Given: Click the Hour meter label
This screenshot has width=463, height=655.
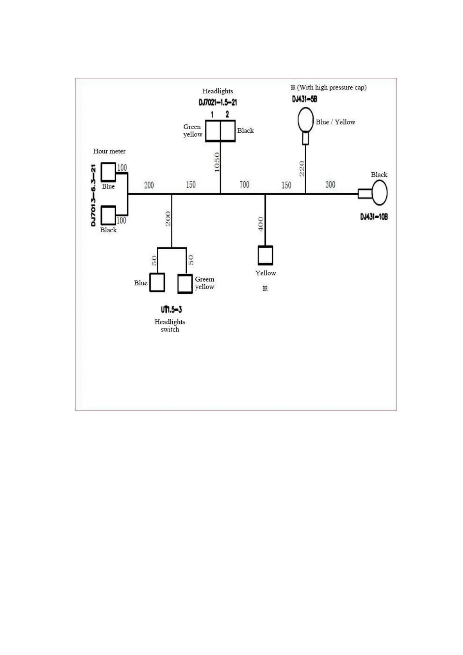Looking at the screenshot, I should coord(109,151).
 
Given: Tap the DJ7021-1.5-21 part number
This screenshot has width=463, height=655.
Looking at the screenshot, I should coord(217,102).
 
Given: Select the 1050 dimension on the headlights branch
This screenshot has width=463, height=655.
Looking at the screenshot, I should coord(217,162).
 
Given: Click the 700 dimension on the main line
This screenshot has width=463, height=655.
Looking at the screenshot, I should coord(244,185).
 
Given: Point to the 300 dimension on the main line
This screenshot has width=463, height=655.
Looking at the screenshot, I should coord(330,185).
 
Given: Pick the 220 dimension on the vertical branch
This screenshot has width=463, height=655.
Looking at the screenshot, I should coord(302,169).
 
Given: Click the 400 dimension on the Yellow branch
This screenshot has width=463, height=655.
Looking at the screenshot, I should coord(261,224).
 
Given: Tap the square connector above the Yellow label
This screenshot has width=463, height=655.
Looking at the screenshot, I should coord(265,255).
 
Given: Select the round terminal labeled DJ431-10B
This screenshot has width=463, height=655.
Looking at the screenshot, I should coord(379,193).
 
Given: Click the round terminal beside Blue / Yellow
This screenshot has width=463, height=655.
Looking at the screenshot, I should coord(305,120).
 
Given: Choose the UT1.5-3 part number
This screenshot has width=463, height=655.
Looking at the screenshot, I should coord(171,310).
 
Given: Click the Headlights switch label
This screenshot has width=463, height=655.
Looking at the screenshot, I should coord(170,326).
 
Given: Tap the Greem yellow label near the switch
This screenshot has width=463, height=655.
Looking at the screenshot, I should coord(204,283).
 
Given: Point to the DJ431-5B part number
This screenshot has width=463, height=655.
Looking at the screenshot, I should coord(305,99).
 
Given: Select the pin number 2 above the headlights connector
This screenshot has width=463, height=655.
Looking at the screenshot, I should coord(227,114).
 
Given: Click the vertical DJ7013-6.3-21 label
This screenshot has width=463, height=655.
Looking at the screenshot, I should coord(93,195).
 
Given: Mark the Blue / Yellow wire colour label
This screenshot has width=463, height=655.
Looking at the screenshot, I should coord(335,122).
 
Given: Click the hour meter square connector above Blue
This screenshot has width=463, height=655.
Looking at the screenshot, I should coord(108,172).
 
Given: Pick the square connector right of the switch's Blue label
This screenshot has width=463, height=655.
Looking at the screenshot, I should coord(157,282).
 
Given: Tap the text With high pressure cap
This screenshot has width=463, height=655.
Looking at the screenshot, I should coord(331,88).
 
